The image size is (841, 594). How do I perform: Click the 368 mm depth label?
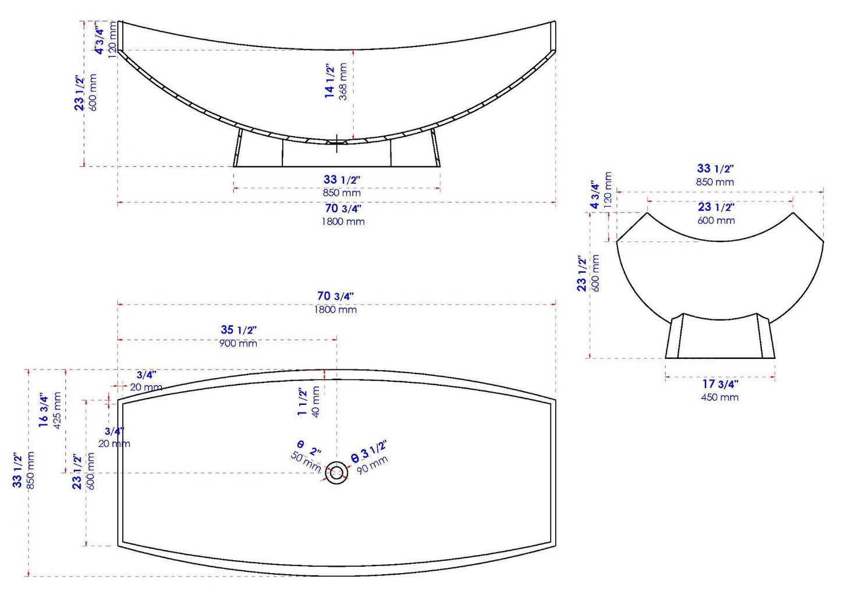(343, 81)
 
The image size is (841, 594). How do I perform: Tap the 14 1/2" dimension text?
(329, 81)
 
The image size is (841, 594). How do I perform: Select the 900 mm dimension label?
(238, 343)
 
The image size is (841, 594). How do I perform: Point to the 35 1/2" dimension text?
(239, 330)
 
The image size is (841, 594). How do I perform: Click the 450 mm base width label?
(720, 397)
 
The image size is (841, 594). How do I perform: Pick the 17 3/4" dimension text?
(720, 384)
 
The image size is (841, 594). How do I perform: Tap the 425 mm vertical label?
(58, 411)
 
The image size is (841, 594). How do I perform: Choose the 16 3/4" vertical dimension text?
(44, 411)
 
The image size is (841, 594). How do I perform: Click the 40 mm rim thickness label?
(315, 401)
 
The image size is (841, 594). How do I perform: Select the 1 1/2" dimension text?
(302, 402)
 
